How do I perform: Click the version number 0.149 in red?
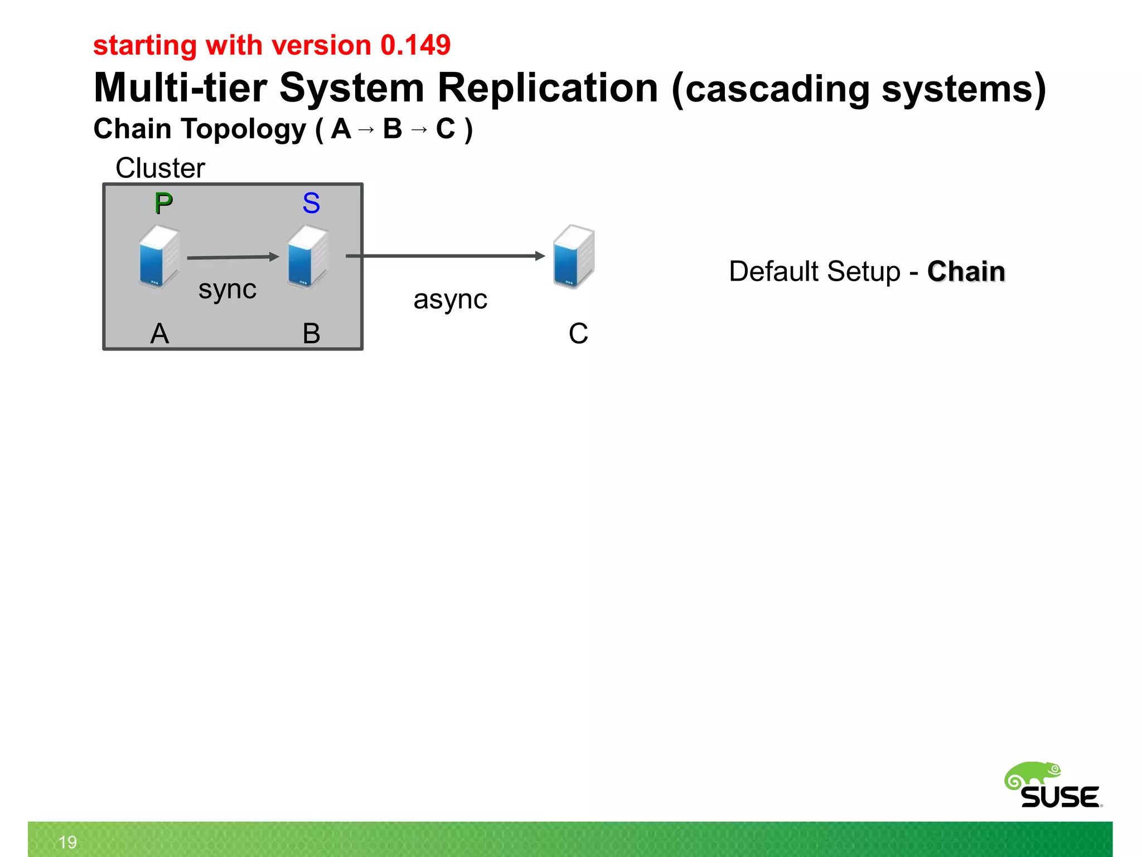point(415,45)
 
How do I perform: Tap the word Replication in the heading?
point(548,88)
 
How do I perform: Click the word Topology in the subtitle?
point(243,129)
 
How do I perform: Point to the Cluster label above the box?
point(160,168)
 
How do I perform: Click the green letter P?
point(163,203)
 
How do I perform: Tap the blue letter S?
point(311,203)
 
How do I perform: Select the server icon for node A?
point(159,256)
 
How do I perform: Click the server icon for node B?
point(307,256)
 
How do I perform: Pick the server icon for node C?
point(574,256)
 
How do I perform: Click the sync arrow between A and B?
point(233,257)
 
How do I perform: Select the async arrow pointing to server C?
point(445,256)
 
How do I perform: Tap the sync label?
point(228,290)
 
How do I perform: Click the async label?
point(450,300)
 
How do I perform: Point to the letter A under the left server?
point(159,334)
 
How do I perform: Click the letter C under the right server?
point(578,334)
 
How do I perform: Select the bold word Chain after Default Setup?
point(966,272)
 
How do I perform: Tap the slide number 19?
point(67,842)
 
